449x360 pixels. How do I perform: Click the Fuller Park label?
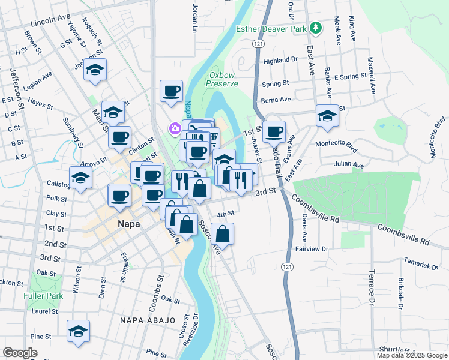click(38, 296)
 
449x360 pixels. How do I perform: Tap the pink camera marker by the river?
click(175, 128)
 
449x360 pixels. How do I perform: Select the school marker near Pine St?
click(79, 331)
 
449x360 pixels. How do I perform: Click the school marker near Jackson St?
click(95, 70)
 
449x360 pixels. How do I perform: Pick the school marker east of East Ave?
click(328, 115)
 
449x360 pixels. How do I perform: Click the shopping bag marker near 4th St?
click(222, 235)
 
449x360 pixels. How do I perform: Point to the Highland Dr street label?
click(280, 60)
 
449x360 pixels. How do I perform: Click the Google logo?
click(20, 353)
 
